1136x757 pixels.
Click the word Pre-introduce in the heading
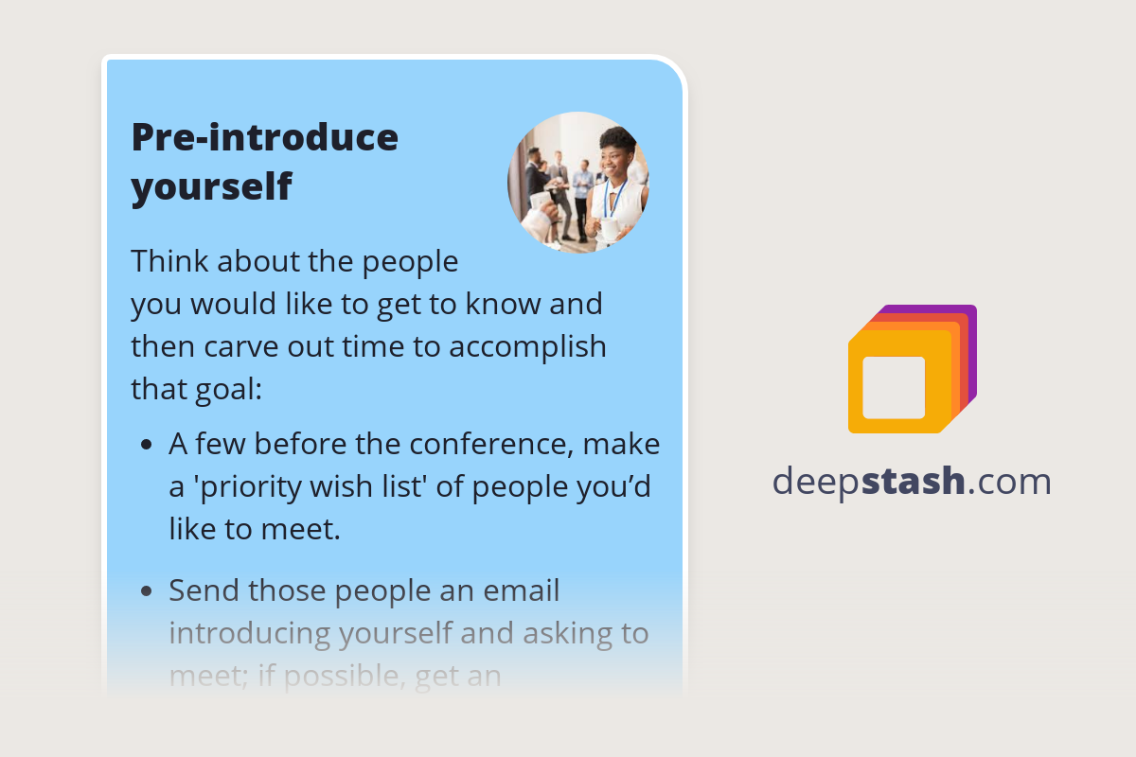[x=264, y=138]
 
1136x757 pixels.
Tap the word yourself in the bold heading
[x=211, y=187]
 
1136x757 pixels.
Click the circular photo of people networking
[x=577, y=183]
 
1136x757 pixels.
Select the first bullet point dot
[x=146, y=444]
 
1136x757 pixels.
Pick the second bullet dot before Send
[x=146, y=591]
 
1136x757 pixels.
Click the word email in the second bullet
[x=522, y=590]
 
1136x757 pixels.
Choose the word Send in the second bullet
[x=204, y=590]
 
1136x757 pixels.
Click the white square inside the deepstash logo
[x=894, y=387]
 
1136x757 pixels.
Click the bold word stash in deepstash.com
[x=915, y=482]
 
